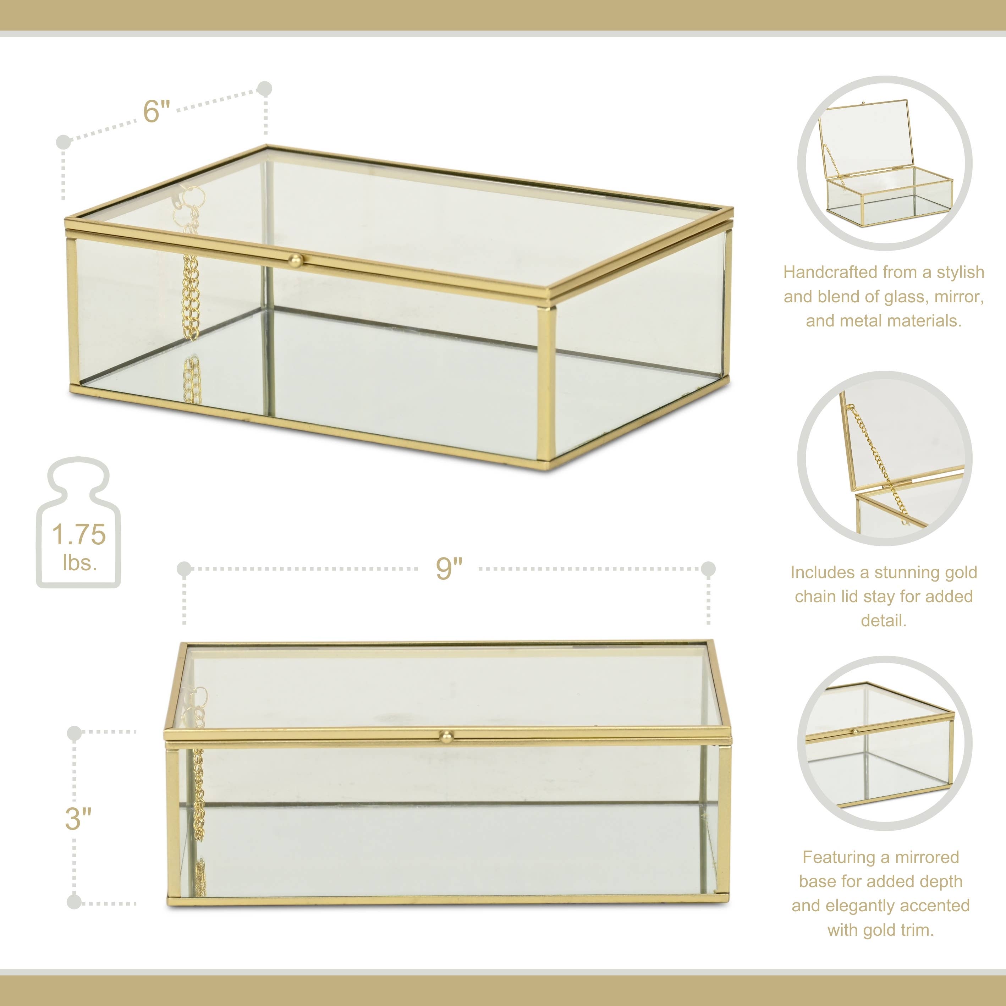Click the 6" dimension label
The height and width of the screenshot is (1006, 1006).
point(157,111)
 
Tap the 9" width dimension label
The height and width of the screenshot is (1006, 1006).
point(449,568)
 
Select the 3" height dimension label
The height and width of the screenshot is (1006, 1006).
point(78,819)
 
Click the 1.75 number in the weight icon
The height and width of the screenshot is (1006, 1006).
point(79,535)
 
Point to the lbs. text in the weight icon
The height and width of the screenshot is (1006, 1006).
point(79,562)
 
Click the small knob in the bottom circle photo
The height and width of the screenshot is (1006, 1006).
point(855,732)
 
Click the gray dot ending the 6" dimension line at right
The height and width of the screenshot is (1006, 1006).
point(265,88)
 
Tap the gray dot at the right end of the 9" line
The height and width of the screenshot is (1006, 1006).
point(708,568)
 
